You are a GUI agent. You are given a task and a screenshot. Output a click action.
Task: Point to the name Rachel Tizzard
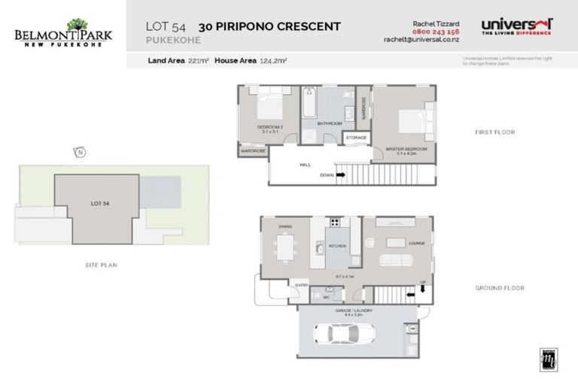[436, 24]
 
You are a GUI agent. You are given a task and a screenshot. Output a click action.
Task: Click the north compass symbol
[79, 153]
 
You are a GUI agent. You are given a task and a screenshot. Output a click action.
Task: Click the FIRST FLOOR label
[494, 132]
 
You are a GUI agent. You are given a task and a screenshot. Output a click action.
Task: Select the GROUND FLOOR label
[499, 287]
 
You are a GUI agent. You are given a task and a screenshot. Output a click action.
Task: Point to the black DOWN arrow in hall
[341, 175]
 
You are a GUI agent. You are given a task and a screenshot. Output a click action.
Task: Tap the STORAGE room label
[356, 138]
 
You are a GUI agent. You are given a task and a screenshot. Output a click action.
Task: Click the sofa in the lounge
[397, 261]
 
